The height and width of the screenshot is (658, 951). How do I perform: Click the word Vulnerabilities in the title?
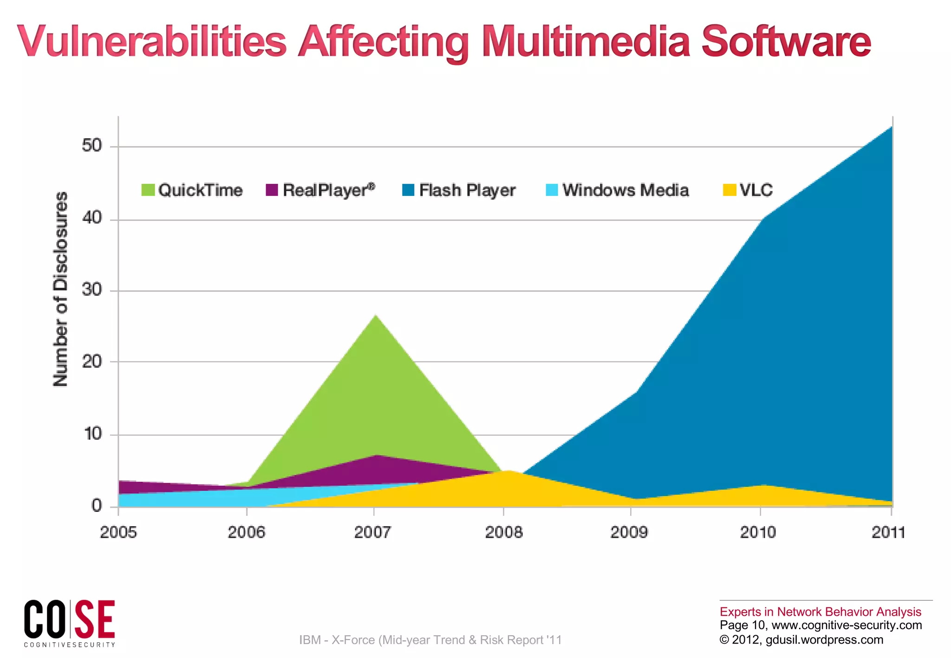152,42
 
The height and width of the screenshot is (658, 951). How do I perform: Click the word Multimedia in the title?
586,42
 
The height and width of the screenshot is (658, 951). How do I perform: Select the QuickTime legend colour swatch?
148,190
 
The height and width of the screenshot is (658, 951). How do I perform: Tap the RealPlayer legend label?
329,190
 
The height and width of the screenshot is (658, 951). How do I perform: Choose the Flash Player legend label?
467,190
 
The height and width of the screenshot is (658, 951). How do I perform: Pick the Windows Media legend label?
625,190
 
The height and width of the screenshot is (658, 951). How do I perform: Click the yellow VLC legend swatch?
730,190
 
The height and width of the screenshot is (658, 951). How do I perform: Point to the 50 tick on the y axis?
92,146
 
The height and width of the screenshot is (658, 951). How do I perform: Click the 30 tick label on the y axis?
92,290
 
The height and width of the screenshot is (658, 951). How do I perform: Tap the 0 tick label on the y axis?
97,506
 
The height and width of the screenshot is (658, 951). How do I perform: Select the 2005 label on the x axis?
118,532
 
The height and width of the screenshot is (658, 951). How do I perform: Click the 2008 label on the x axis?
504,532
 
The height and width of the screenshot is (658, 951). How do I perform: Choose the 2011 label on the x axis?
888,532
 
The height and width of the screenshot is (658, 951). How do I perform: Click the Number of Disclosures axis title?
61,289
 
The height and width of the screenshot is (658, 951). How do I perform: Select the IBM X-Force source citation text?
430,640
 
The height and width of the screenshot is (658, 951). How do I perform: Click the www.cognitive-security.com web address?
847,626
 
